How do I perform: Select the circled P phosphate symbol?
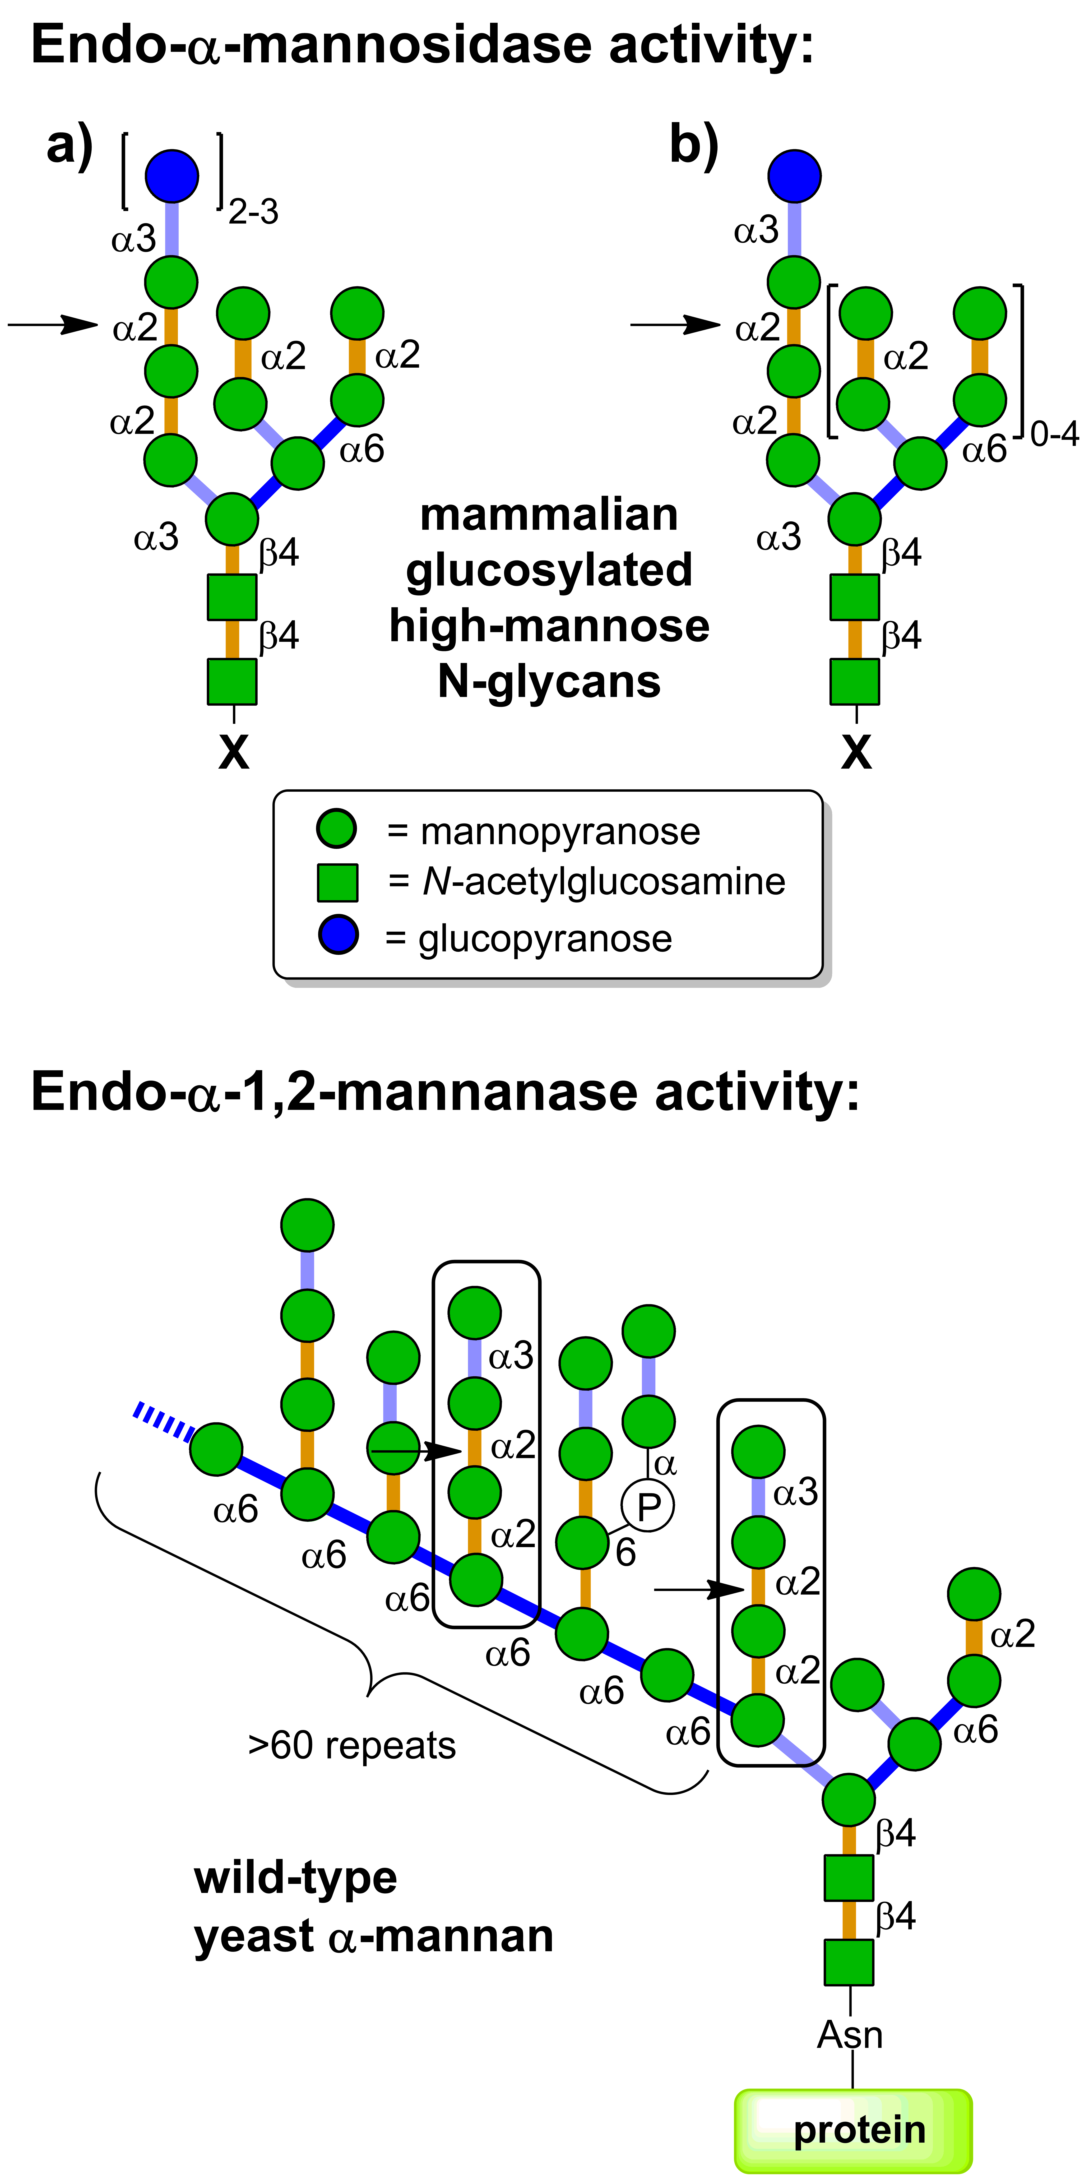648,1506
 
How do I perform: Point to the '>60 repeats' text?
352,1746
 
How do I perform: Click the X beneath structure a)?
234,752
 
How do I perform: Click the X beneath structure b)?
856,752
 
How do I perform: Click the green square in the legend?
337,882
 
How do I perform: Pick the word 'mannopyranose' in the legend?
560,831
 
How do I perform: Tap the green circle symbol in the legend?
336,828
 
